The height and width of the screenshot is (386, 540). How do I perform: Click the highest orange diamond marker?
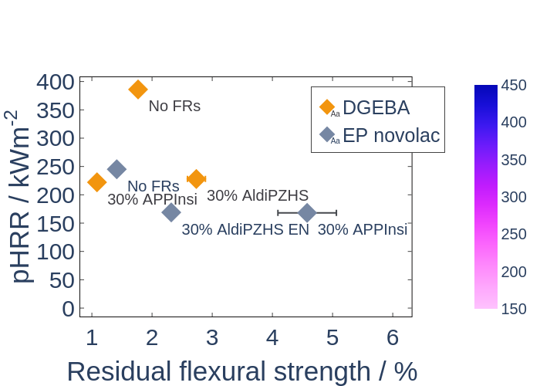tap(138, 90)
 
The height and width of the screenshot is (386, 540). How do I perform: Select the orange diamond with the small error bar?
tap(196, 179)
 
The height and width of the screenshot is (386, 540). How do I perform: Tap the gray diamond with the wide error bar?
tap(307, 212)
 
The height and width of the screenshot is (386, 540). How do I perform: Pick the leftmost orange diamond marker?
tap(96, 182)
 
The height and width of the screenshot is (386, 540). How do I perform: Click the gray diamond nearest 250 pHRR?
tap(116, 169)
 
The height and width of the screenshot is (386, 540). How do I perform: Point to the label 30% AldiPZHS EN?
tap(245, 229)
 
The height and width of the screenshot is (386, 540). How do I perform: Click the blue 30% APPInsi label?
tap(363, 229)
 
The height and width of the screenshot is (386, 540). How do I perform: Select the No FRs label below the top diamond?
tap(174, 107)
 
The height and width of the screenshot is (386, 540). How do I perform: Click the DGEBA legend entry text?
tap(376, 107)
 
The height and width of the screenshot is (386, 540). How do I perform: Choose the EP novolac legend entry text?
tap(391, 135)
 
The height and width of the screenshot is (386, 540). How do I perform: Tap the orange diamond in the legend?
tap(327, 107)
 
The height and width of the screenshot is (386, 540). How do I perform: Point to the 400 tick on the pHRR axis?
tap(55, 83)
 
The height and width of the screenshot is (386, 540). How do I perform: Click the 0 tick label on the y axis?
tap(68, 309)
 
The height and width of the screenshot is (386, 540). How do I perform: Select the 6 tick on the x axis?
tap(393, 338)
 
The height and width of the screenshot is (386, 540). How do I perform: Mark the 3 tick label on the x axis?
tap(212, 338)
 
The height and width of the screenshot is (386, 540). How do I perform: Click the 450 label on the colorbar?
tap(514, 85)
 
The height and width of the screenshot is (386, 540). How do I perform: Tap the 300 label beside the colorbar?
tap(514, 197)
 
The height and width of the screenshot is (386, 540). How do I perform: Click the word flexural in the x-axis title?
tap(223, 371)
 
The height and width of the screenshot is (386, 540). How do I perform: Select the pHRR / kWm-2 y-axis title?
tap(19, 196)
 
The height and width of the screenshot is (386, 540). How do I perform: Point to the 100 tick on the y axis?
tap(55, 252)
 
